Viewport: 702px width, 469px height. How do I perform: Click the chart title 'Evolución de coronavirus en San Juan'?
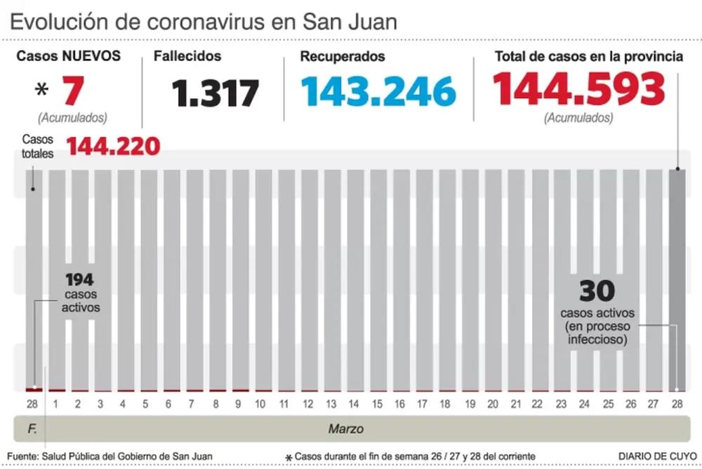coord(204,21)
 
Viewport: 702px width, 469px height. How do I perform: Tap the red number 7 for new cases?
coord(74,91)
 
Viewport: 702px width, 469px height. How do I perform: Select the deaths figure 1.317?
coord(216,92)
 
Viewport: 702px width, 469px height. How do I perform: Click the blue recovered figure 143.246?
coord(378,91)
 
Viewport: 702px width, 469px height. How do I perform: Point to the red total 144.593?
coord(578,89)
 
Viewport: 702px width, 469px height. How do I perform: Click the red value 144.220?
coord(113,147)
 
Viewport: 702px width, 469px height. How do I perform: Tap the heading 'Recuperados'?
coord(342,56)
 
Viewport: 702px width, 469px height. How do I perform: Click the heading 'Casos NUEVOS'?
coord(69,56)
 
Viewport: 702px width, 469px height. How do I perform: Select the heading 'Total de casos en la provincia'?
coord(588,57)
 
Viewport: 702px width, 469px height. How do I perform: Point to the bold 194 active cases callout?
coord(80,280)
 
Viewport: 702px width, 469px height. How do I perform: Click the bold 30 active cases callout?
coord(597,290)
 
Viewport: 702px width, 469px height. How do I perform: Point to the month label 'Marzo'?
coord(346,428)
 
